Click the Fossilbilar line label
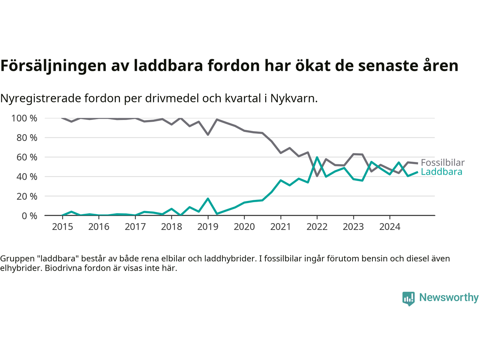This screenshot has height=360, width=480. tap(442, 163)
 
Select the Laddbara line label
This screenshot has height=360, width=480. tap(441, 172)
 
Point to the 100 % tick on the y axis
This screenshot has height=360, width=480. tap(24, 118)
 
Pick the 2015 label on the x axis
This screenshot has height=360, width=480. tap(62, 227)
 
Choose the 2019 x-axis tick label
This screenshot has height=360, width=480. tap(208, 227)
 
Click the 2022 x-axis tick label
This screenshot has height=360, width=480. tap(317, 227)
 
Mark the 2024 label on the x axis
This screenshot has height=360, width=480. tap(390, 227)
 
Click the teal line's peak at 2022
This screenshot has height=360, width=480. tap(317, 157)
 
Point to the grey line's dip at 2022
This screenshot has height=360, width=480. tap(317, 176)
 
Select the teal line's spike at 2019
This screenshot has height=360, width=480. tap(208, 199)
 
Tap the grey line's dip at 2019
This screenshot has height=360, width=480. tap(208, 134)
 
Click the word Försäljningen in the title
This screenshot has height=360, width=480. tap(54, 66)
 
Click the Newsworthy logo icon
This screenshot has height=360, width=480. tap(408, 298)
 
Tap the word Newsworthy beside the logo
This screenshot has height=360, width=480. tap(448, 297)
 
